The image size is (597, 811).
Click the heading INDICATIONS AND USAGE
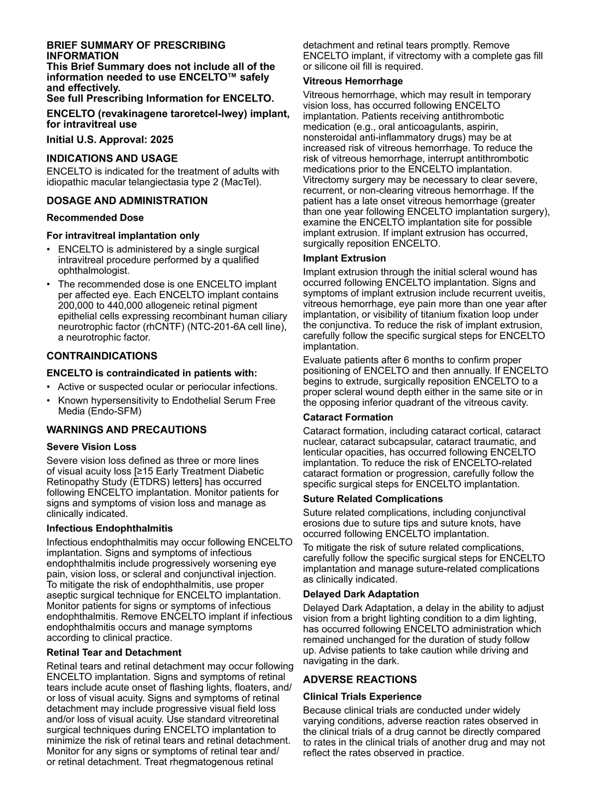pos(112,159)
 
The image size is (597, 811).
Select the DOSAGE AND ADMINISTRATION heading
pos(127,201)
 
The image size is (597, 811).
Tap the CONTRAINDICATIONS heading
pos(101,356)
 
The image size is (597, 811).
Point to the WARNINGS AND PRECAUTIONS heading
pos(126,430)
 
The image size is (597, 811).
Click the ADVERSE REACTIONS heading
pos(360,680)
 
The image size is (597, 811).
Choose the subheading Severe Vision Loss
pos(92,447)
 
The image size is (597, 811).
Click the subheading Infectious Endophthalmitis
pos(109,528)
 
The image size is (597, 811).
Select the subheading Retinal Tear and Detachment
pos(114,652)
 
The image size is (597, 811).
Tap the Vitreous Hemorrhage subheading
pos(353,81)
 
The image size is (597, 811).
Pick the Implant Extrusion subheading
pos(344,258)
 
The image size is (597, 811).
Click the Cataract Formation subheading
pos(348,417)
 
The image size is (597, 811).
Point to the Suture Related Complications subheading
pos(373,499)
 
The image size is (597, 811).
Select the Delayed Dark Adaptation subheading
pos(361,594)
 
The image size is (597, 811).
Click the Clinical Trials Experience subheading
pos(362,697)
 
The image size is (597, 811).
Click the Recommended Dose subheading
pos(95,218)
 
